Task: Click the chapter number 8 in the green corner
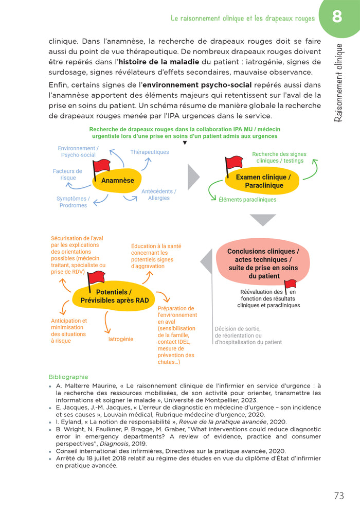pos(337,17)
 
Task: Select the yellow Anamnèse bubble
pos(118,181)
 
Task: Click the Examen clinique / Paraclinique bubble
pos(263,181)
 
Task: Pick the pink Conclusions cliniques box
pos(262,263)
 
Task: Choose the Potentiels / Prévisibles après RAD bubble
pos(106,296)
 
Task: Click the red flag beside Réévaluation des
pos(290,284)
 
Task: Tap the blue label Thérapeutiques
pos(149,152)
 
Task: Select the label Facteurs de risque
pos(67,174)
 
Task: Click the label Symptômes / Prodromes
pos(73,202)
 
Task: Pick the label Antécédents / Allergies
pos(158,195)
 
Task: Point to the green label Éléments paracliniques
pos(247,200)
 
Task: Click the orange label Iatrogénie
pos(120,339)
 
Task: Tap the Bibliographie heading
pos(68,377)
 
